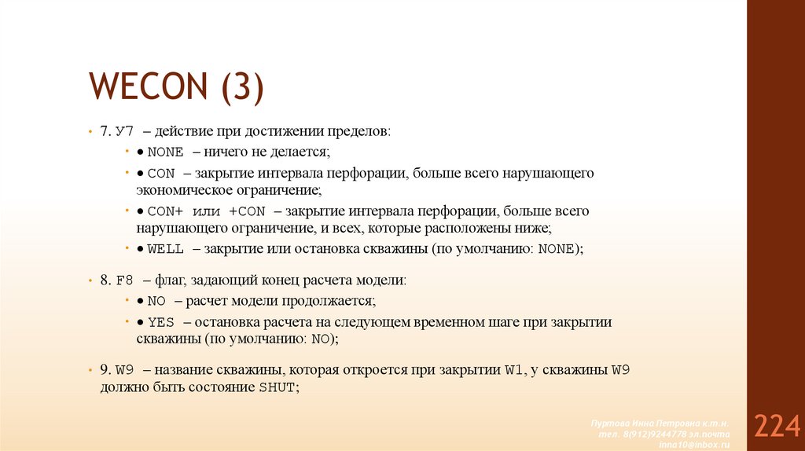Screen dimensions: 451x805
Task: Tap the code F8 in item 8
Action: pyautogui.click(x=124, y=280)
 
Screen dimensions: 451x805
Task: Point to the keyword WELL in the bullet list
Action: pyautogui.click(x=165, y=249)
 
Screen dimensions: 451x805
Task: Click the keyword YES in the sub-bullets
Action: pyautogui.click(x=160, y=322)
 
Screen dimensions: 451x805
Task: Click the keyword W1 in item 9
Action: pyautogui.click(x=513, y=369)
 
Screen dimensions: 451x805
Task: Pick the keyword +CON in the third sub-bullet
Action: pyautogui.click(x=248, y=211)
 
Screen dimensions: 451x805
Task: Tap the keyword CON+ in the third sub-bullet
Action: pyautogui.click(x=164, y=211)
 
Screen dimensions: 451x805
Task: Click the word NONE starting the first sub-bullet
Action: pyautogui.click(x=165, y=152)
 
